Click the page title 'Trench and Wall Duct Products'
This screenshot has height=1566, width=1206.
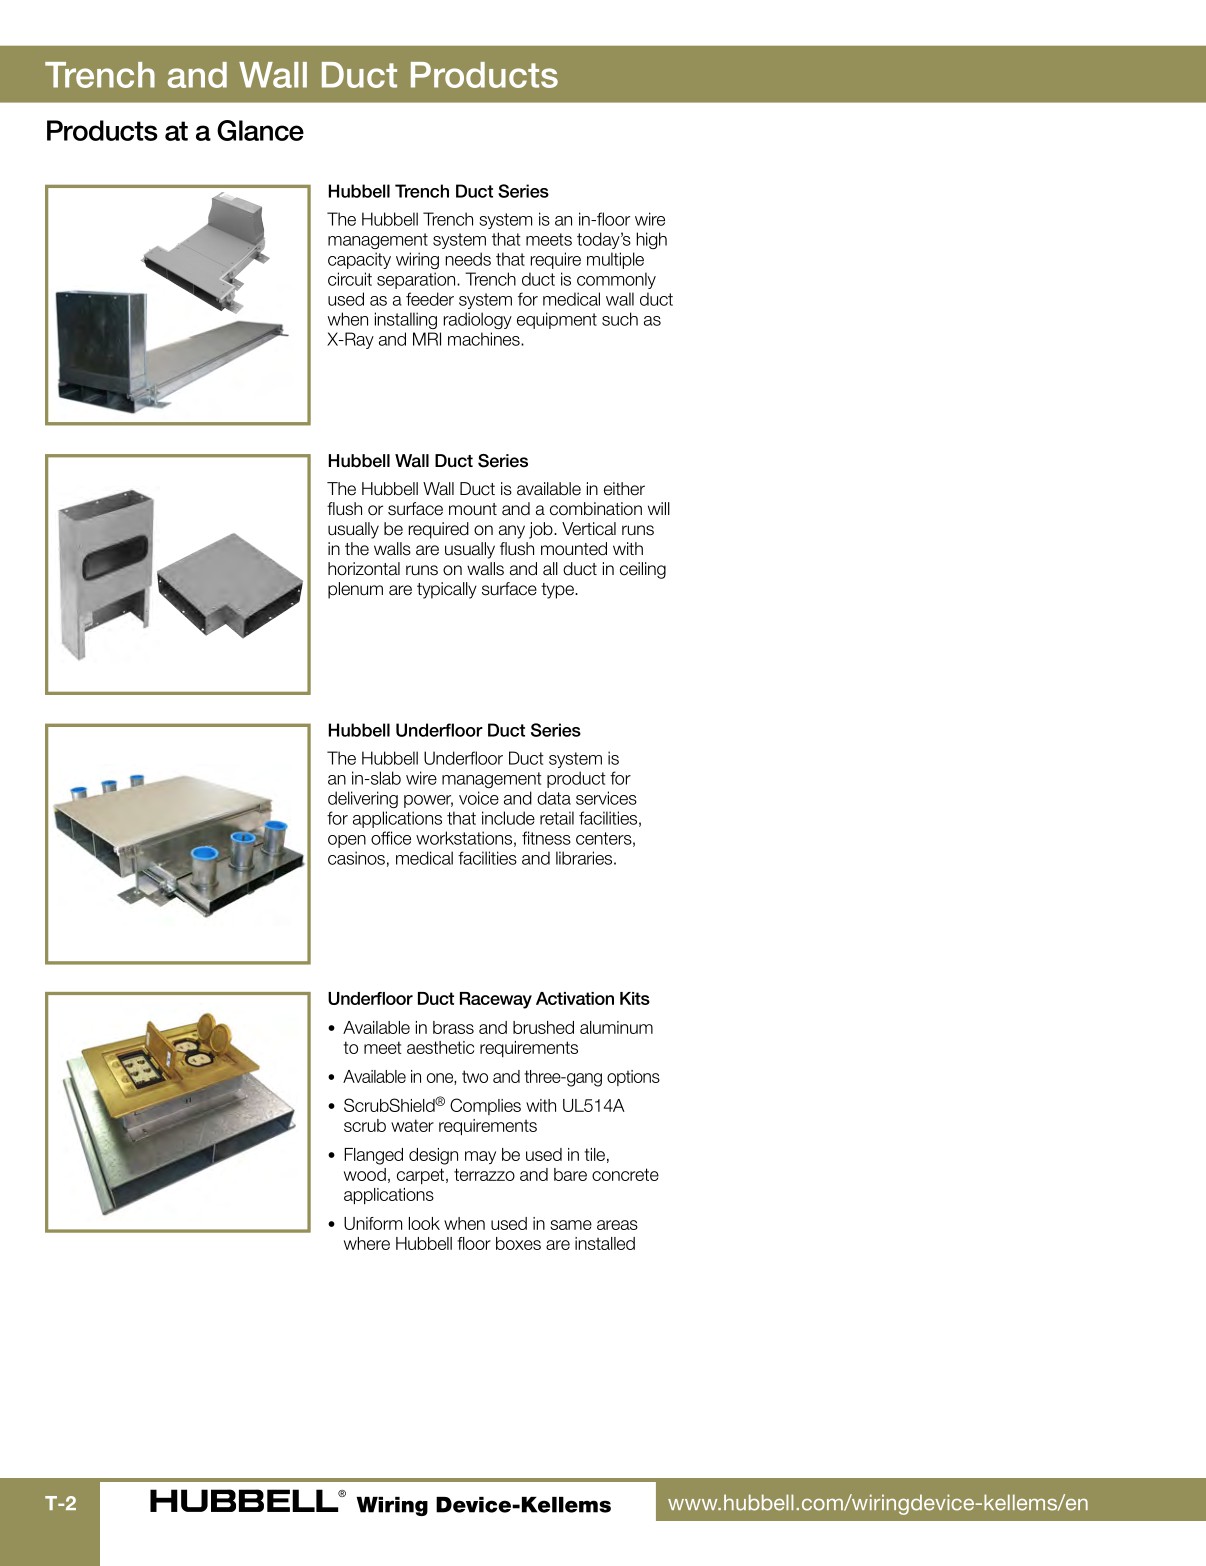pos(301,76)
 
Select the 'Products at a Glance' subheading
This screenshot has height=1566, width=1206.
pos(174,131)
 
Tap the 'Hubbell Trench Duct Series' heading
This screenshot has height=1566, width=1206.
pos(437,191)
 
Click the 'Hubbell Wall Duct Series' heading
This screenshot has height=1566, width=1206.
pos(427,461)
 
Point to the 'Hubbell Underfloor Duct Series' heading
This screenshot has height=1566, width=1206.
pos(453,730)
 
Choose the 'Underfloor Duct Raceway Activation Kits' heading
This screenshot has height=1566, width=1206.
pos(488,999)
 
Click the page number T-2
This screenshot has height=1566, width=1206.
pos(60,1503)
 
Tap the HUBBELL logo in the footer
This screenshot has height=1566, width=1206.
pos(242,1501)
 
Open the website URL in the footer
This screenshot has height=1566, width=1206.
pos(877,1503)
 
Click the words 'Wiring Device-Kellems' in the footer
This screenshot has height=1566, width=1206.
pos(483,1505)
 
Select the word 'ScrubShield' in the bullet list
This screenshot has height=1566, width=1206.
pos(388,1106)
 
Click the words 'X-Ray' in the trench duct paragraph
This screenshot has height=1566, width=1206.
pos(350,340)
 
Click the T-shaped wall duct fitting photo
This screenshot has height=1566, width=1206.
pos(230,586)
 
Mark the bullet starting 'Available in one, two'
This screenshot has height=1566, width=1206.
pos(500,1077)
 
